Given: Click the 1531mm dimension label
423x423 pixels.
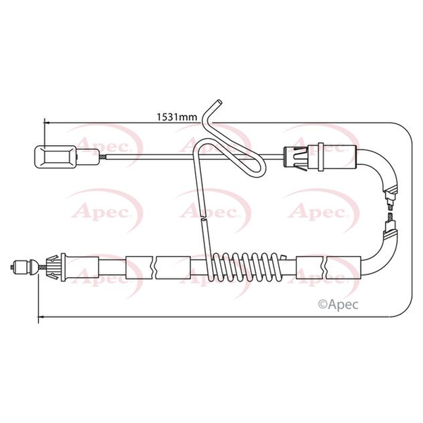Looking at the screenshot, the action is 177,117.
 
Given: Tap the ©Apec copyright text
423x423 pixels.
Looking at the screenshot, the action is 338,305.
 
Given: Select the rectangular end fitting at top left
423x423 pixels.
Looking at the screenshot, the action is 56,157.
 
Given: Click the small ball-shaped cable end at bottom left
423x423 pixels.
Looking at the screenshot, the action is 25,267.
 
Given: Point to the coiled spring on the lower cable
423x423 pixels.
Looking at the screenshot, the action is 246,266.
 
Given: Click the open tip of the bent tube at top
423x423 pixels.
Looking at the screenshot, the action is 219,102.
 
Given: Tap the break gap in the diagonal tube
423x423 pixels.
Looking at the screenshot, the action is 203,218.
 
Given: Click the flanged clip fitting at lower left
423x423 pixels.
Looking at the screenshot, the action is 56,267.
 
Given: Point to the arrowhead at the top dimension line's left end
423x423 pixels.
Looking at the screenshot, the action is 47,123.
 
